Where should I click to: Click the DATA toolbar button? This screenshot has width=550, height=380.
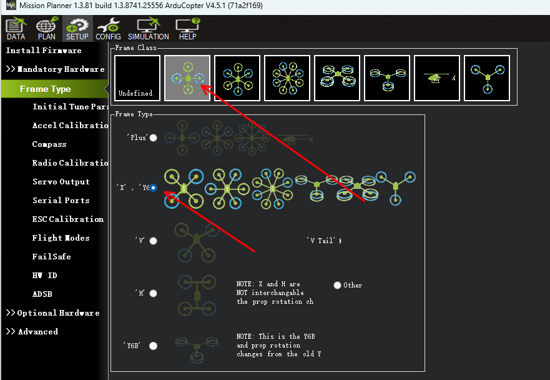(x=16, y=29)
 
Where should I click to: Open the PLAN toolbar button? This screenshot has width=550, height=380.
(x=47, y=29)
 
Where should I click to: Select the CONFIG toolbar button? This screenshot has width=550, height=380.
(x=108, y=29)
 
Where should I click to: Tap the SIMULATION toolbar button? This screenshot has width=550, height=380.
(x=149, y=29)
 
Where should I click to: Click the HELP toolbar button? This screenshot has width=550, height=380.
(x=188, y=29)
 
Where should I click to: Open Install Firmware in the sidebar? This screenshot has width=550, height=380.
(x=44, y=51)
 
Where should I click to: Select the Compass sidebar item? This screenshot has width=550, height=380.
(x=49, y=144)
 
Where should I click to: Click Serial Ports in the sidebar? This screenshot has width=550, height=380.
(x=61, y=201)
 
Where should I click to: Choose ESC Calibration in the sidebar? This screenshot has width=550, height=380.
(x=67, y=219)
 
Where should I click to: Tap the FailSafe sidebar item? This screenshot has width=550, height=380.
(x=52, y=257)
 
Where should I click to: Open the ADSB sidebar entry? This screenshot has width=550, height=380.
(x=42, y=294)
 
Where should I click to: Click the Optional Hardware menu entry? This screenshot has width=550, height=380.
(x=52, y=313)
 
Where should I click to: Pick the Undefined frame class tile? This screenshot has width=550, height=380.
(x=137, y=78)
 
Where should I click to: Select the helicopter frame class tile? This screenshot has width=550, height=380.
(x=437, y=78)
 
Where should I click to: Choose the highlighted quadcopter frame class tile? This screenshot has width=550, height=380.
(x=187, y=78)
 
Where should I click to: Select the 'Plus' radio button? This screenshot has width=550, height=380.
(x=154, y=138)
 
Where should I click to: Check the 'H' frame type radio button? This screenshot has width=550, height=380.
(x=154, y=293)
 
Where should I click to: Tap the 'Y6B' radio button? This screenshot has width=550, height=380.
(x=154, y=346)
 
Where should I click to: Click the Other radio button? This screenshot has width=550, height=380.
(x=338, y=285)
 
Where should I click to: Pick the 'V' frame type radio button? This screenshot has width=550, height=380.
(x=154, y=241)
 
